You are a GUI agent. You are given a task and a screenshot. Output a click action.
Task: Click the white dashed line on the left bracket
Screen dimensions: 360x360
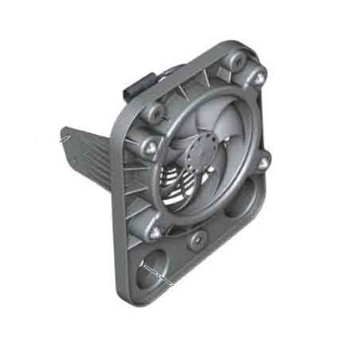click(63, 136)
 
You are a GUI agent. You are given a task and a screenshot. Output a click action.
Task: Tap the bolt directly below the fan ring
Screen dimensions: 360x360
click(196, 239)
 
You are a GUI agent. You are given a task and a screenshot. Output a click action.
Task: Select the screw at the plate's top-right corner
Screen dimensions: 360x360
click(258, 74)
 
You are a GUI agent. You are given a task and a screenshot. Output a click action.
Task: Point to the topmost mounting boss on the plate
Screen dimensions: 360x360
click(234, 60)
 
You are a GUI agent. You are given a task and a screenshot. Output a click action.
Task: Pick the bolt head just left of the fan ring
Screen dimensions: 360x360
click(149, 147)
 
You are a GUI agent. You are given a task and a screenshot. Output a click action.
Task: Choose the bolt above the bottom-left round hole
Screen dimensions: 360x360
click(151, 225)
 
